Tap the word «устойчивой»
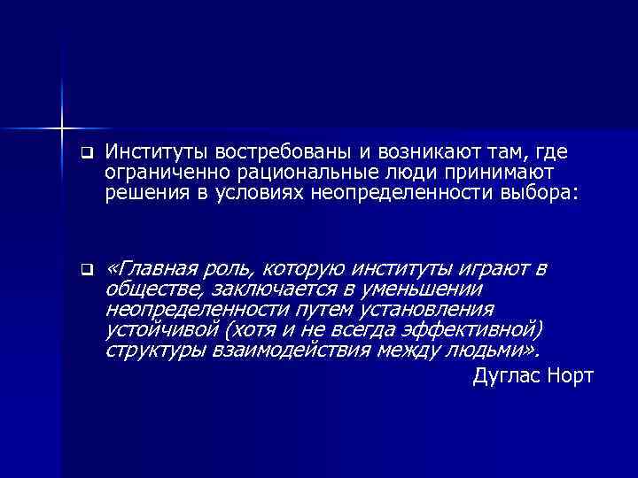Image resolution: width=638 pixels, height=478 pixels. [x=161, y=330]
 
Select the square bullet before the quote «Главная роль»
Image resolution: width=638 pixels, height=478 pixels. [x=85, y=270]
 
